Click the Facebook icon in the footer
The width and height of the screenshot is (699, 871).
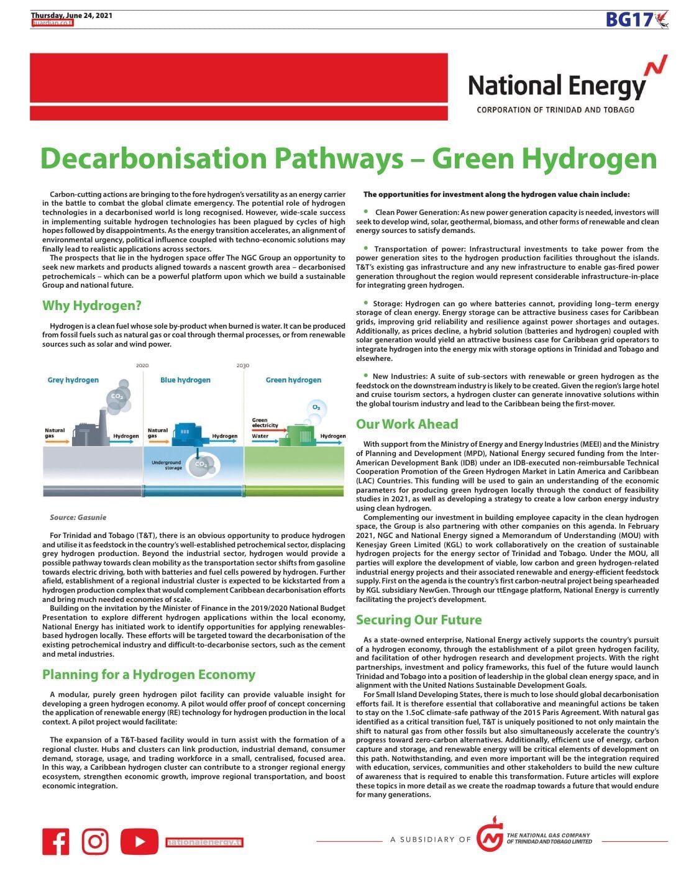pyautogui.click(x=56, y=842)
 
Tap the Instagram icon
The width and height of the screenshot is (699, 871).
pyautogui.click(x=95, y=842)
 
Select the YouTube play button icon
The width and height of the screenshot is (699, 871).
pyautogui.click(x=139, y=842)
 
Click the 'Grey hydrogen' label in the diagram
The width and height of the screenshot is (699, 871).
pyautogui.click(x=73, y=380)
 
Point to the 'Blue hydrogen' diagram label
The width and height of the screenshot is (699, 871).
pyautogui.click(x=185, y=380)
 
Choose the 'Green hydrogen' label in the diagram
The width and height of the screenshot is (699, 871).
pyautogui.click(x=293, y=380)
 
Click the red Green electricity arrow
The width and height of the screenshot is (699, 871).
pyautogui.click(x=264, y=428)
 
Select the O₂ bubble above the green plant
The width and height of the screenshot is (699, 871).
pyautogui.click(x=316, y=408)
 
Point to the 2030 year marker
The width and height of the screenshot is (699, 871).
pyautogui.click(x=242, y=365)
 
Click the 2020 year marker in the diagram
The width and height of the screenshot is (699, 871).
pyautogui.click(x=142, y=365)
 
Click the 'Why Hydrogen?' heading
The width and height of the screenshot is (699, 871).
pyautogui.click(x=92, y=306)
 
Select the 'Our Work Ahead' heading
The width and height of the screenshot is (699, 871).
pyautogui.click(x=407, y=424)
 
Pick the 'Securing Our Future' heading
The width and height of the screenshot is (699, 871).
pyautogui.click(x=419, y=620)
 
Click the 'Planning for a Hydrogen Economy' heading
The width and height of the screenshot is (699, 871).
pyautogui.click(x=149, y=675)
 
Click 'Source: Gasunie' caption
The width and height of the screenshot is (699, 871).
pyautogui.click(x=78, y=517)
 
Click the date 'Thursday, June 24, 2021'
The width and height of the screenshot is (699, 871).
pyautogui.click(x=71, y=16)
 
